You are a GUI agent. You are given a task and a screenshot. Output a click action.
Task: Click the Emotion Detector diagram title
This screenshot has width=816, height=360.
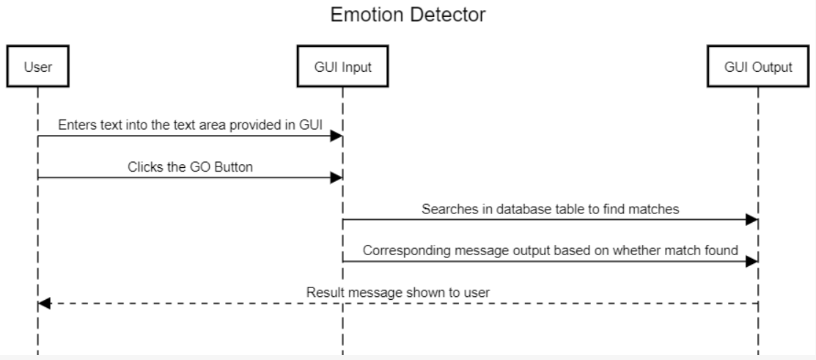408,15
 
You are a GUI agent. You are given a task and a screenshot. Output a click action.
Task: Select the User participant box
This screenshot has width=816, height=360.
37,67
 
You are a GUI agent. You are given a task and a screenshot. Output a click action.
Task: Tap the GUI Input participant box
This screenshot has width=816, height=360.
342,67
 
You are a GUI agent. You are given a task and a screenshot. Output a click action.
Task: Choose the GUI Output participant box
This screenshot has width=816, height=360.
758,67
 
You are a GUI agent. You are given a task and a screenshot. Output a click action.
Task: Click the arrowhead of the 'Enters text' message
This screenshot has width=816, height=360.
337,136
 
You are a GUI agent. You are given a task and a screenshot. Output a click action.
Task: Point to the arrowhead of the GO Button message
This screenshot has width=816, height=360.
337,177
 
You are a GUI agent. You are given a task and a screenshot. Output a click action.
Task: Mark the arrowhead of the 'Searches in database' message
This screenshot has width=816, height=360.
752,220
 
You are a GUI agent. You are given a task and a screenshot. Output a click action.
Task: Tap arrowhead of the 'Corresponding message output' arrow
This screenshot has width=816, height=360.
752,262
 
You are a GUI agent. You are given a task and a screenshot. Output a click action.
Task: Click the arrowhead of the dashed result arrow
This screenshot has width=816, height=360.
43,304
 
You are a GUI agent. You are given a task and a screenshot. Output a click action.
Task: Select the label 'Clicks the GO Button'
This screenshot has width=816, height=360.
190,166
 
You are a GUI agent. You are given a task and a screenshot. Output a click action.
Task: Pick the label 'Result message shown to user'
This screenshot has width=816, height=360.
397,293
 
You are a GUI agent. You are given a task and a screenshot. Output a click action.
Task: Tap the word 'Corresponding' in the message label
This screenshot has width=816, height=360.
400,251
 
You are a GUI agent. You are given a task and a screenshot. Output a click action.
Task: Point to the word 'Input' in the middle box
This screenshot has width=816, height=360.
357,67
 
